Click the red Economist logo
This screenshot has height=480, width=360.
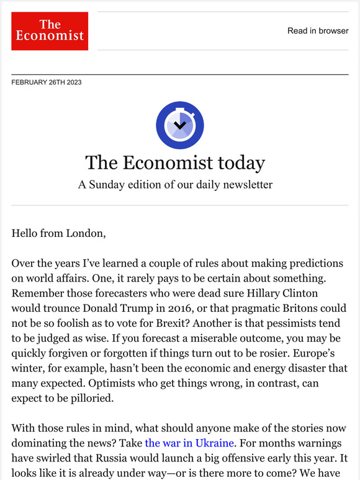click(50, 31)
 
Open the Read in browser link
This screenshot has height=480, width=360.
click(318, 31)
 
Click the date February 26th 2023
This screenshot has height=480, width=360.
click(47, 82)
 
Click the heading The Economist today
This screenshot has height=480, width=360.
click(175, 162)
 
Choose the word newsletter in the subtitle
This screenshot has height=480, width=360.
click(245, 185)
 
